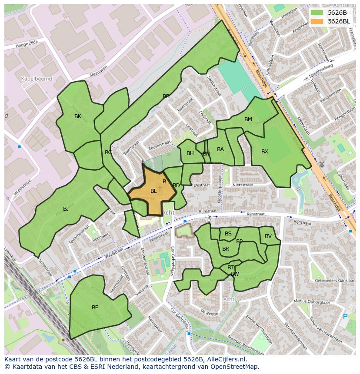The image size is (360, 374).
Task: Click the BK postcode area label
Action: click(78, 116)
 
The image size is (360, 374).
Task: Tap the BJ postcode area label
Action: click(66, 209)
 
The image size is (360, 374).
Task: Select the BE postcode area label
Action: click(95, 308)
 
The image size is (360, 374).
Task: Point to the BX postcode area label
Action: click(265, 152)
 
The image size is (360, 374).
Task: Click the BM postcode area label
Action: click(248, 119)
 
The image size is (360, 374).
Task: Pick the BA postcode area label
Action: click(220, 149)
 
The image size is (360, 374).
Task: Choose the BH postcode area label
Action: click(190, 153)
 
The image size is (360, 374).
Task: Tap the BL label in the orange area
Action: click(153, 191)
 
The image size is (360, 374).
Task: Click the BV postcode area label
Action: click(268, 236)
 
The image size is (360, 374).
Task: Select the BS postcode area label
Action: click(228, 234)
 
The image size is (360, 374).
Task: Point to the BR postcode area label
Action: click(226, 249)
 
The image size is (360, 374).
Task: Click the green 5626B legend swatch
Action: click(317, 13)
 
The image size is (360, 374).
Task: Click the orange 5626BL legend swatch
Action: click(317, 21)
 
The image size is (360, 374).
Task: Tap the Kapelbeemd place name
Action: click(37, 79)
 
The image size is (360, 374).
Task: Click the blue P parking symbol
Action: click(345, 317)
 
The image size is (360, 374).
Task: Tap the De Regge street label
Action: click(209, 312)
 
